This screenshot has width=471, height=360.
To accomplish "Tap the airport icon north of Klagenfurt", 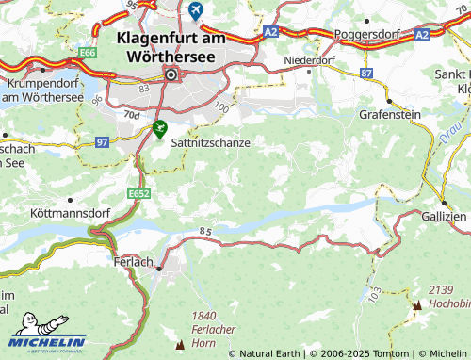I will (196, 11).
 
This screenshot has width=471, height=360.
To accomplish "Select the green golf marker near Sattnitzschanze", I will (159, 127).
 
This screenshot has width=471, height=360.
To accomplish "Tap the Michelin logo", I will (48, 342).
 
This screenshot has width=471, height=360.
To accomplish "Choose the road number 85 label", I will (204, 231).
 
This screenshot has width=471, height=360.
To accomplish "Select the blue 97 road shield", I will (101, 141).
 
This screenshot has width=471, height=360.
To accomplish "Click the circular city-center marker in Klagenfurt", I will (171, 74).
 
